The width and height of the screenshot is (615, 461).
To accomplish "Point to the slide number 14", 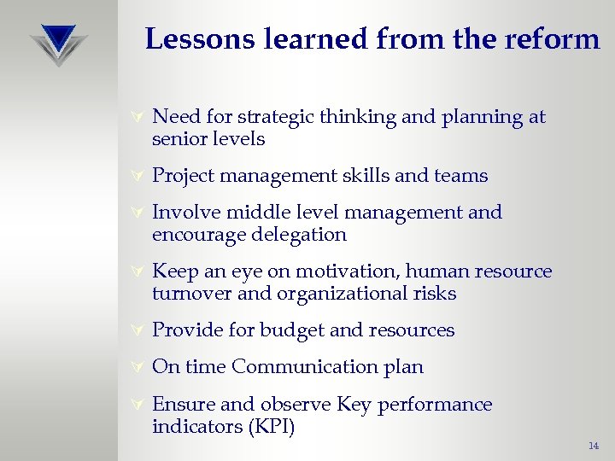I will pos(594,446).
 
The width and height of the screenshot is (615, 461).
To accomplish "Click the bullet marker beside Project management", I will pos(134,177).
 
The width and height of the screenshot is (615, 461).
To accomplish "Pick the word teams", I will pos(460,176).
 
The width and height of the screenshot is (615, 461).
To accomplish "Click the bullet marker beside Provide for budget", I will pos(134,330).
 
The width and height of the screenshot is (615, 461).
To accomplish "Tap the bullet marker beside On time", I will pos(134,367).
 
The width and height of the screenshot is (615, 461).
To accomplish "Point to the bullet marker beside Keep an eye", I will pos(134,272).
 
